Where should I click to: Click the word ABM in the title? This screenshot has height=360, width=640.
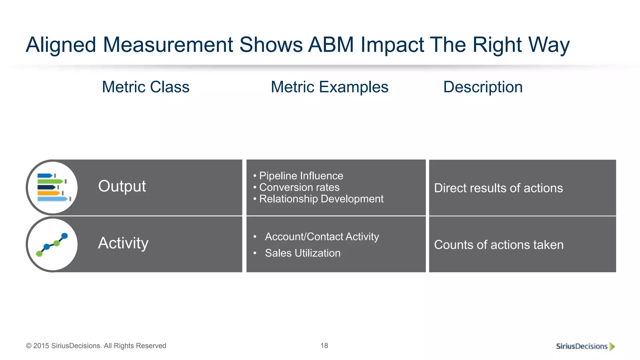click(331, 45)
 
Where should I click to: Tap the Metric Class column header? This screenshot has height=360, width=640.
click(146, 87)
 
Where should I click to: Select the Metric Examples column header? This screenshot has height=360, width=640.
click(329, 87)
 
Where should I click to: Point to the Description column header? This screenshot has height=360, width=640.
click(483, 87)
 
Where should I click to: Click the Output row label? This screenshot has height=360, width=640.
click(122, 186)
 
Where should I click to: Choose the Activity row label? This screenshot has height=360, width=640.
click(123, 243)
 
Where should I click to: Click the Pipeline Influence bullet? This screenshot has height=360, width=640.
click(301, 176)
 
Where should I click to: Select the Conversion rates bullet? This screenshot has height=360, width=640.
click(299, 187)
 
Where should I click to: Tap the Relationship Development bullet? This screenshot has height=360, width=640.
click(321, 199)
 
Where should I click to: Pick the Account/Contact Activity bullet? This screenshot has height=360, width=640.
click(322, 237)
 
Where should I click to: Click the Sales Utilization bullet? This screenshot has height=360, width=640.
click(302, 253)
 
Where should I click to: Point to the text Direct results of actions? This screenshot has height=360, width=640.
click(498, 188)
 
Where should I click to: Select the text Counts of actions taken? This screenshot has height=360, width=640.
click(499, 245)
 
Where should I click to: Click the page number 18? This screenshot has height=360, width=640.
click(324, 346)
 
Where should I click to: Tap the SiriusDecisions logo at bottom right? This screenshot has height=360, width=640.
click(585, 346)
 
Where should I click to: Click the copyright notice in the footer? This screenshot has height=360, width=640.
click(96, 346)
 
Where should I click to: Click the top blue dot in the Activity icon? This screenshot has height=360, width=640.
click(65, 236)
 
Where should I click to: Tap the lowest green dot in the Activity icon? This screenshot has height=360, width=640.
click(39, 254)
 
